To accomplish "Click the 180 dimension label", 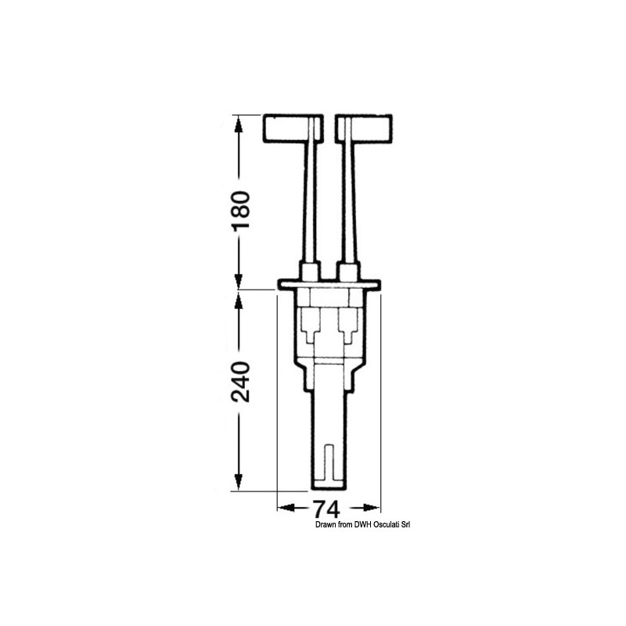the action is point(240,210).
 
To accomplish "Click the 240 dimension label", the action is point(240,382).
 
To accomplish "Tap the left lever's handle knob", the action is point(293,128).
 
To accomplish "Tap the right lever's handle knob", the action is point(364,128).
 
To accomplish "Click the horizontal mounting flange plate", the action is point(329,284).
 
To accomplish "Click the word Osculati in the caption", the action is point(387,525).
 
